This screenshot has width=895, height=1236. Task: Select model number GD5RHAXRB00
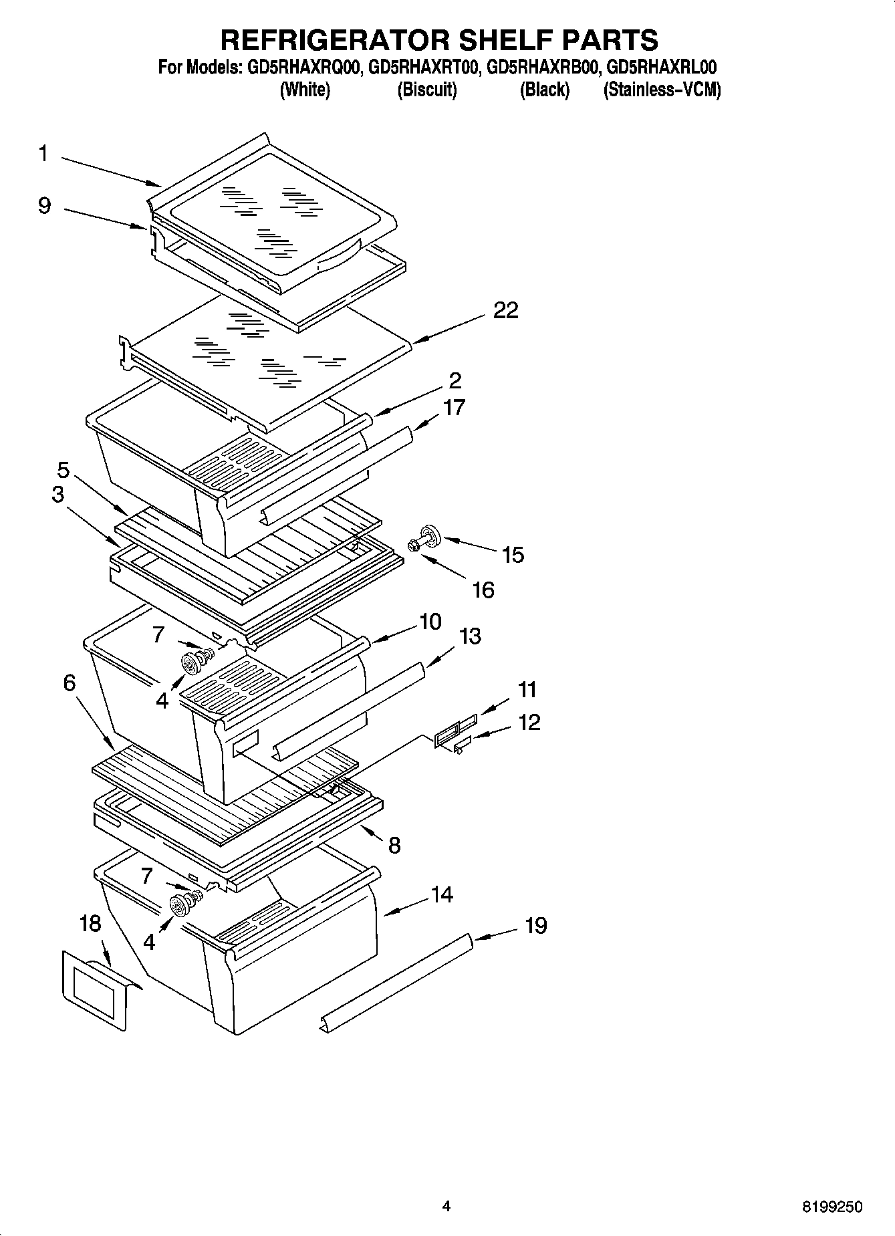pyautogui.click(x=544, y=68)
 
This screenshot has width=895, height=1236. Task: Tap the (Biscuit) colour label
pyautogui.click(x=426, y=90)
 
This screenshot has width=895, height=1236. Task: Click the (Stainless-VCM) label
pyautogui.click(x=662, y=90)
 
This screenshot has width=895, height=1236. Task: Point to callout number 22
pyautogui.click(x=505, y=310)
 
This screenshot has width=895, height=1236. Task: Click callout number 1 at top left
pyautogui.click(x=43, y=154)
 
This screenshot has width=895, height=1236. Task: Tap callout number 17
pyautogui.click(x=454, y=407)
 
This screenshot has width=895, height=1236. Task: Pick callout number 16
pyautogui.click(x=483, y=590)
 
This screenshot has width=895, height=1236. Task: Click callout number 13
pyautogui.click(x=470, y=636)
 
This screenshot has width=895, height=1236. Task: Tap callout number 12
pyautogui.click(x=528, y=723)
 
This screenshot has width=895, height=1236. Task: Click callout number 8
pyautogui.click(x=394, y=845)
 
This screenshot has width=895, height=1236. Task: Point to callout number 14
pyautogui.click(x=441, y=894)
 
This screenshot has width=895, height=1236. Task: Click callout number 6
pyautogui.click(x=70, y=683)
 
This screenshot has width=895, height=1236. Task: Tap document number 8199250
pyautogui.click(x=832, y=1207)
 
